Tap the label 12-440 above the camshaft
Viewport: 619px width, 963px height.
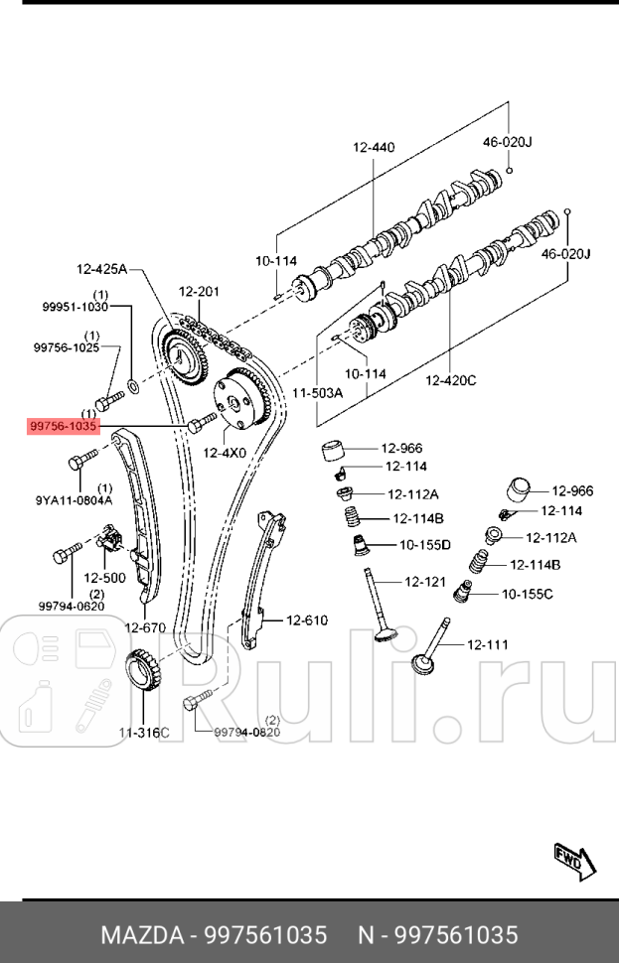click(373, 148)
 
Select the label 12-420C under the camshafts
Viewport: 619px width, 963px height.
click(451, 379)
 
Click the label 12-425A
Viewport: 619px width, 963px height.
click(102, 268)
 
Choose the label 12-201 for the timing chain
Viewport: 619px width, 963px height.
click(199, 292)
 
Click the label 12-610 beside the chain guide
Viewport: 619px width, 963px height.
click(307, 620)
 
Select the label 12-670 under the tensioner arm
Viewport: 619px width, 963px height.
click(144, 627)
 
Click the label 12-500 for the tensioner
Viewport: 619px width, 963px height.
click(103, 577)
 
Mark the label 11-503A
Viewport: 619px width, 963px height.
click(317, 393)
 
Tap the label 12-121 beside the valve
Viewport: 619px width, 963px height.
click(424, 581)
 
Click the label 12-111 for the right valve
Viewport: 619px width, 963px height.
click(487, 644)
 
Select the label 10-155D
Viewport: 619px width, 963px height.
click(425, 544)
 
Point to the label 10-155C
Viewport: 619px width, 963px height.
click(528, 594)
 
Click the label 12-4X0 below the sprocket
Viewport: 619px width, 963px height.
click(225, 453)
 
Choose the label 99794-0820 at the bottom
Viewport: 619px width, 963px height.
click(247, 732)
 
